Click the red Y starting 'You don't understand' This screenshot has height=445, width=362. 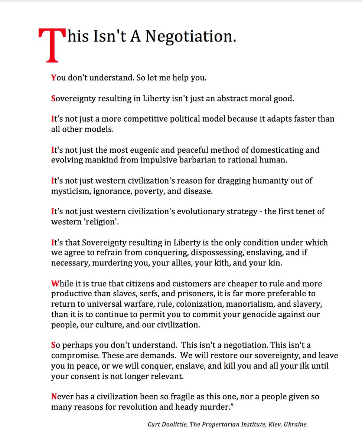pos(53,78)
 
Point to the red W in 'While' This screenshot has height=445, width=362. pos(55,284)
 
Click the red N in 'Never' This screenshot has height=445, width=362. pos(54,396)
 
